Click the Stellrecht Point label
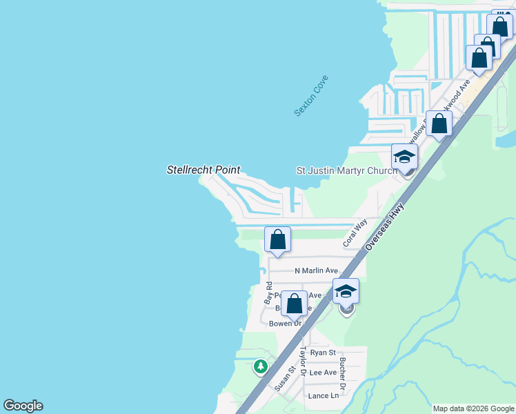point(204,169)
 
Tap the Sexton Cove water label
point(311,95)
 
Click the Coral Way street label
point(355,234)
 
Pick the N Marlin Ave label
point(316,270)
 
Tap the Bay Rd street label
point(268,293)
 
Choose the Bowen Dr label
point(285,323)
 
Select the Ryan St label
point(322,352)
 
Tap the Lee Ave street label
point(323,373)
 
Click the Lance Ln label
point(324,395)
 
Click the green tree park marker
point(261,366)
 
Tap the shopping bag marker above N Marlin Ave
point(277,240)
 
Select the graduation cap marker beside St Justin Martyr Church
point(404,157)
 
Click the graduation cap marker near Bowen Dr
point(346,292)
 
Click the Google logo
point(23,406)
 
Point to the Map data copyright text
point(473,408)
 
